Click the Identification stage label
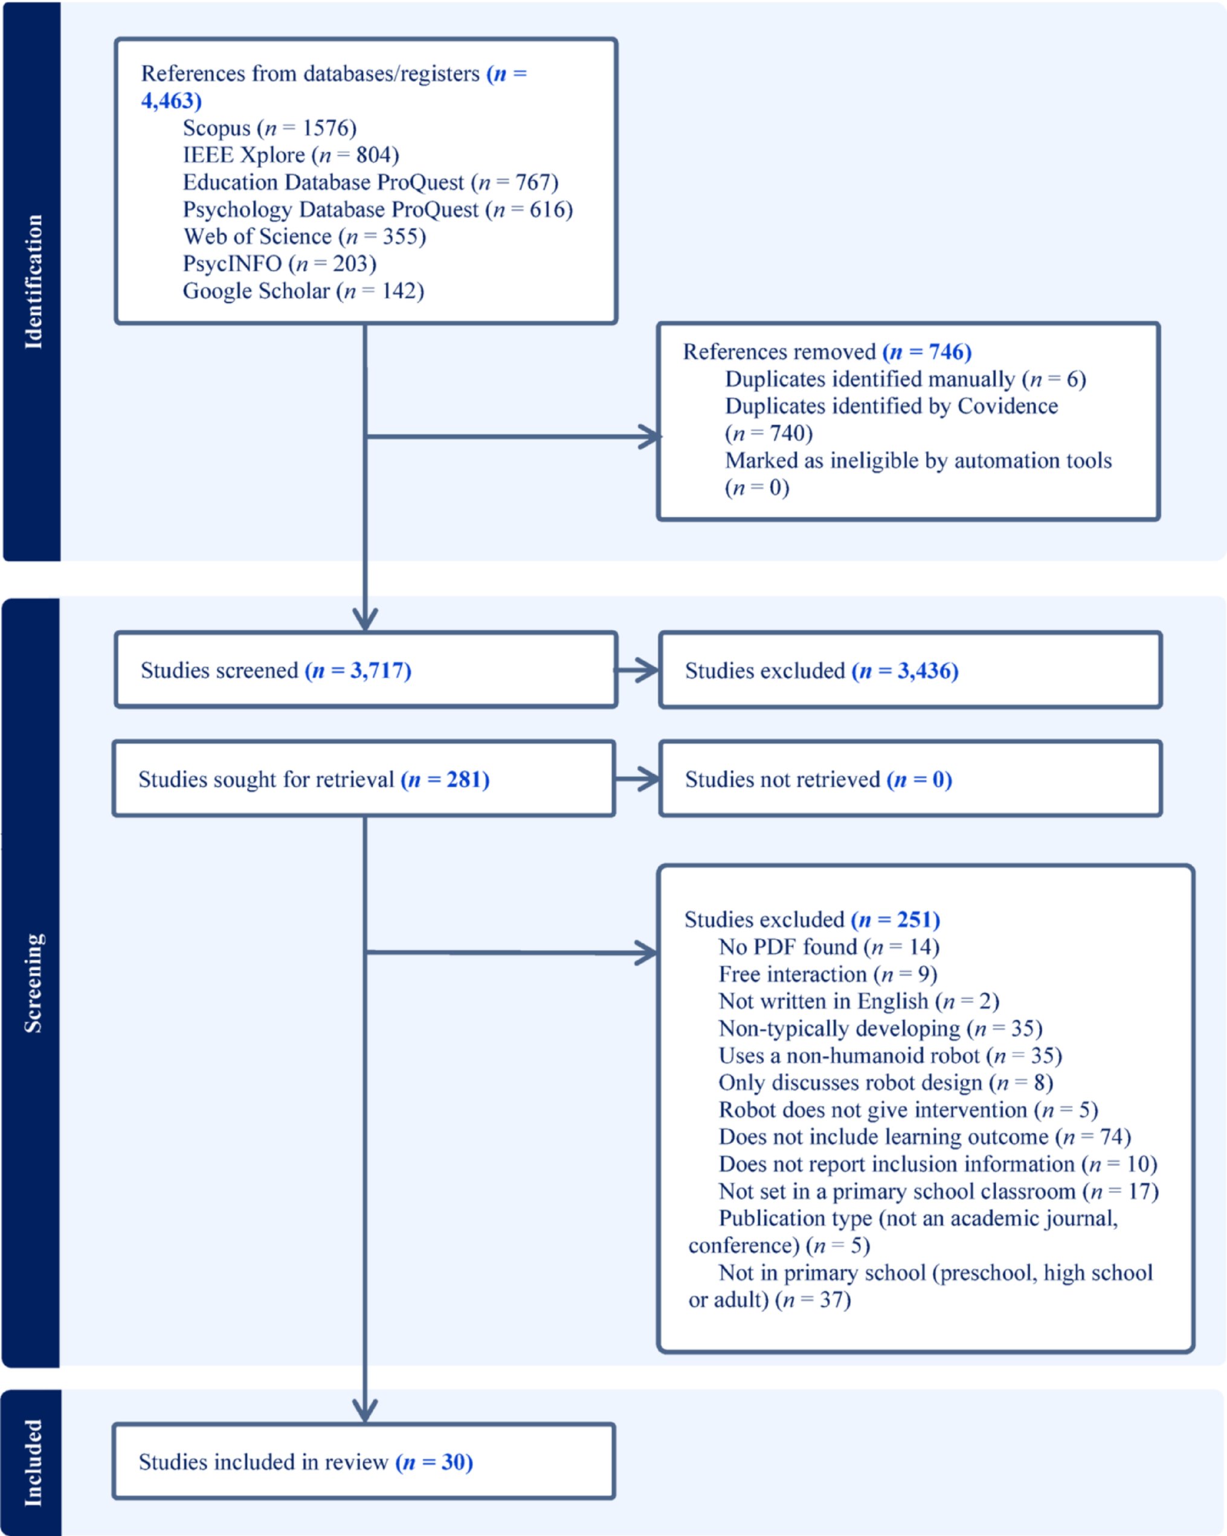point(33,281)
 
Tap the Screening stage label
point(33,983)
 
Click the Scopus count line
point(269,128)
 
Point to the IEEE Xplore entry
point(291,155)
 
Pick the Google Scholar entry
point(303,291)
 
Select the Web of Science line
point(304,237)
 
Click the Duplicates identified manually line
point(905,379)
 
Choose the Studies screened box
point(365,670)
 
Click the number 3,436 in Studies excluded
point(924,670)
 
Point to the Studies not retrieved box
point(910,779)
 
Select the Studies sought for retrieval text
point(314,779)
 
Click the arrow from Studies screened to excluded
point(636,670)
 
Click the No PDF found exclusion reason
point(829,947)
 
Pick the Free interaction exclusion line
point(827,974)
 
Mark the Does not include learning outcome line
point(924,1136)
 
